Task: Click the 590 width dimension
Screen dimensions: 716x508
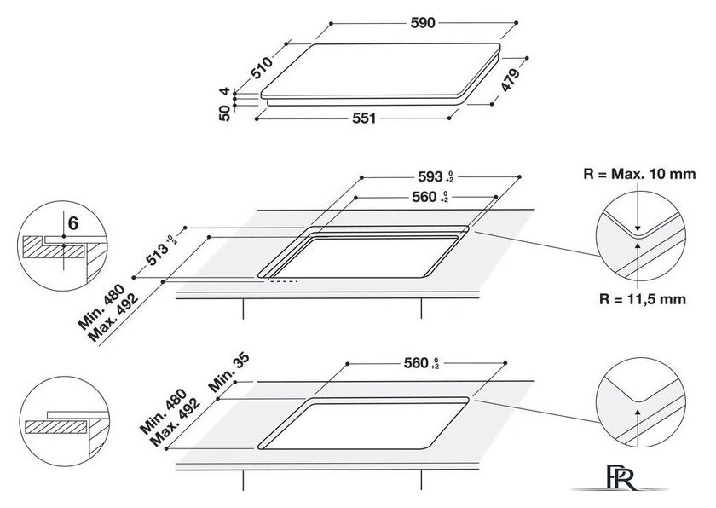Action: pos(423,23)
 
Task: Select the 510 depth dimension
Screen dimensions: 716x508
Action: pos(263,67)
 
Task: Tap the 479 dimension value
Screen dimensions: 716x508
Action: pos(511,80)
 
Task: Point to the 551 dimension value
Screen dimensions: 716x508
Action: pos(364,118)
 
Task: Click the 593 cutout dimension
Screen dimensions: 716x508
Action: pos(436,176)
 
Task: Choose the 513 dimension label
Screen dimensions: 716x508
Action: pos(161,252)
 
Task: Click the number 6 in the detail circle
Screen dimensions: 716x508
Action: pos(73,223)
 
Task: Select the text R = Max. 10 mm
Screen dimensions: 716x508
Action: pos(639,174)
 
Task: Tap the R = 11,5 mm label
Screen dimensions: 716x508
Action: pos(642,299)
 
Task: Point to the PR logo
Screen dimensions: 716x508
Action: pos(621,477)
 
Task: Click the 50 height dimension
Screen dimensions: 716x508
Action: pos(225,113)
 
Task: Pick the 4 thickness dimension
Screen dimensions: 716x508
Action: pos(224,91)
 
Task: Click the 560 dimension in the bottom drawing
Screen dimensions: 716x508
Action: pos(421,363)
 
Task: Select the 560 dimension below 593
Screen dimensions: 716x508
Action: pos(430,197)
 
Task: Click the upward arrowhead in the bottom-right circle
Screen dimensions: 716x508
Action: pos(638,413)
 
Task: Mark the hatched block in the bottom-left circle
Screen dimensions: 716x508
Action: pos(55,427)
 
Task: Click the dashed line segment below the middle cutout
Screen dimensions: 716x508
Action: pos(283,281)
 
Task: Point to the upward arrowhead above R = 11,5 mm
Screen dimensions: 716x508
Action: pos(638,247)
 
